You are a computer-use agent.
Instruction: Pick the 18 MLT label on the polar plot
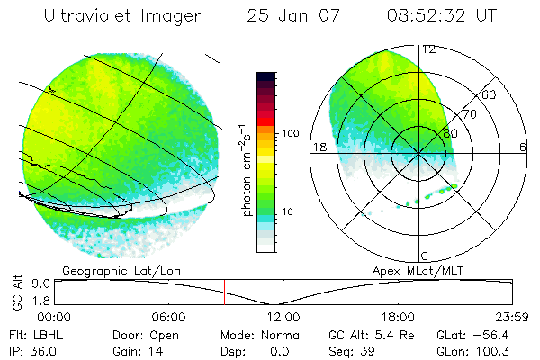(x=318, y=147)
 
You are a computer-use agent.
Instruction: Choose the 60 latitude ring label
(x=490, y=94)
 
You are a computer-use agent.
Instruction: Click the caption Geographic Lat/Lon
(x=107, y=270)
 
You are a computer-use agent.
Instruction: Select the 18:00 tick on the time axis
(x=398, y=317)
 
